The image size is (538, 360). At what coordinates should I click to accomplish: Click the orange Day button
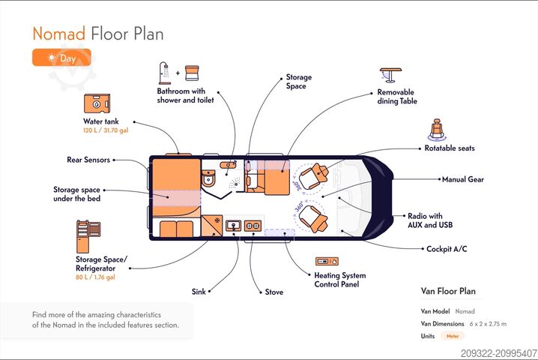[x=61, y=58]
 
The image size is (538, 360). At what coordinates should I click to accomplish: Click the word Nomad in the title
[x=58, y=34]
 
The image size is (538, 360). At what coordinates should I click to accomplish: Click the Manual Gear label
[x=464, y=180]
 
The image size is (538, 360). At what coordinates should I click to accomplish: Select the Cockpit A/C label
[x=447, y=249]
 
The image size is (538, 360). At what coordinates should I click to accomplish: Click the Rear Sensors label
[x=88, y=159]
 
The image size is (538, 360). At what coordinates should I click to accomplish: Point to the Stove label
[x=274, y=292]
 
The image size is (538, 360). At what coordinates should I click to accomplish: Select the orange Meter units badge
[x=453, y=336]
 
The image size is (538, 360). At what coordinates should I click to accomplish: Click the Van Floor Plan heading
[x=448, y=291]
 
